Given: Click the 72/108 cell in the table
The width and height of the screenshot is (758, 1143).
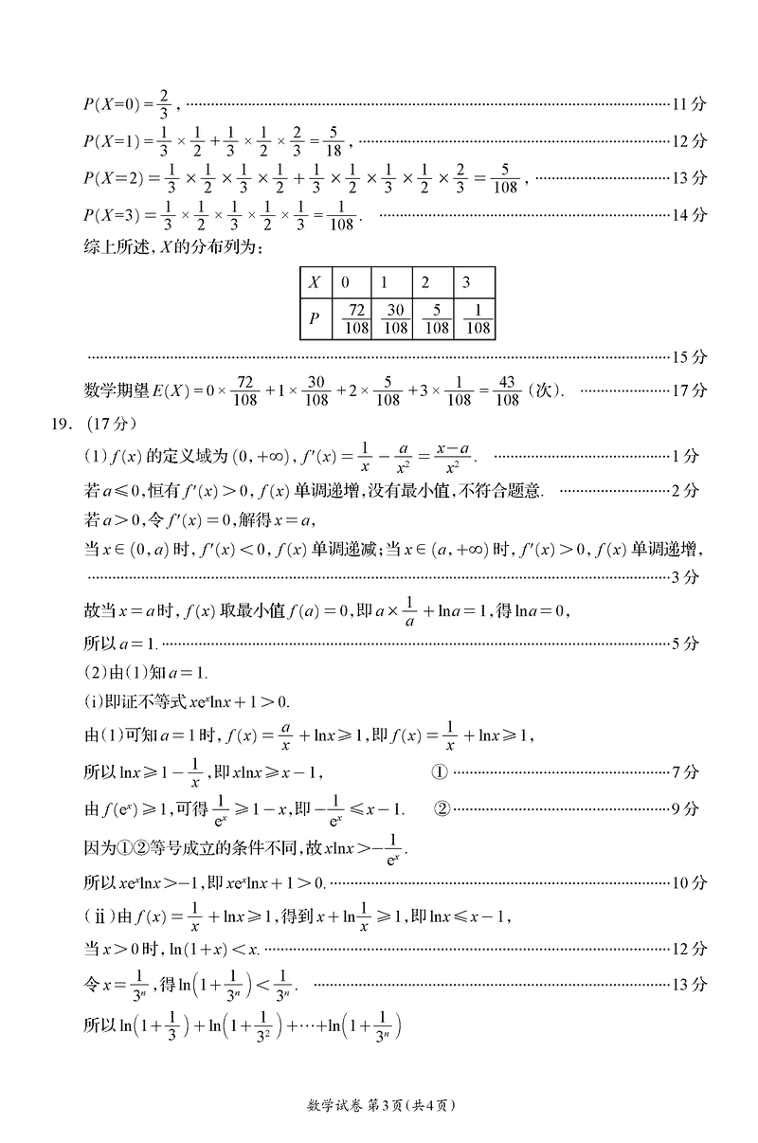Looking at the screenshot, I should (357, 318).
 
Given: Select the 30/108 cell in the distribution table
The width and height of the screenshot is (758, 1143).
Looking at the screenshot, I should (396, 318).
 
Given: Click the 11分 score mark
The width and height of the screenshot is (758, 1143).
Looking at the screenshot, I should (688, 102).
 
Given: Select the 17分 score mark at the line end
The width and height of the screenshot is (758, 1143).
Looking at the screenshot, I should (688, 390).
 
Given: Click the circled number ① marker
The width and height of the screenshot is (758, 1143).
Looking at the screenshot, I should (438, 772).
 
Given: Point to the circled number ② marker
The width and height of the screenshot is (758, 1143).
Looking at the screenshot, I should (442, 808).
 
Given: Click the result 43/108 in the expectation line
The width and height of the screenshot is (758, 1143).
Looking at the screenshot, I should (507, 390).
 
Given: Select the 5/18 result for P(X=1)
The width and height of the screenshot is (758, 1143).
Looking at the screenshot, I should (331, 141).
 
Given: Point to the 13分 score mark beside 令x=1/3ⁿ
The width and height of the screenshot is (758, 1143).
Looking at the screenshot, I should (688, 985).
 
